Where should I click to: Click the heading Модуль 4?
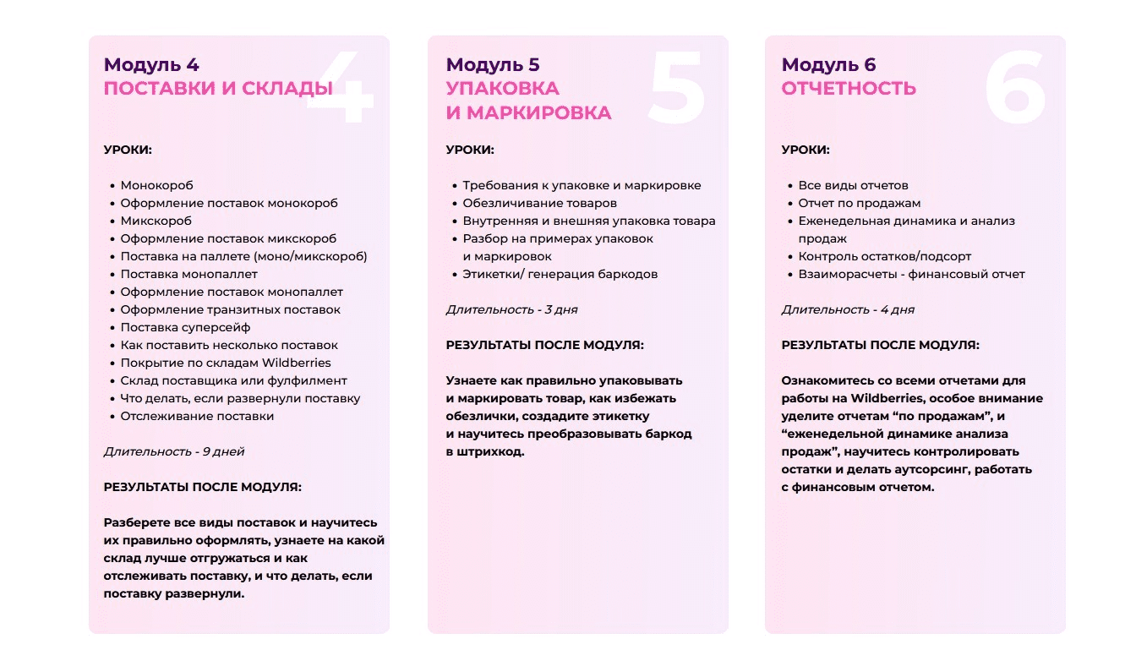pyautogui.click(x=151, y=65)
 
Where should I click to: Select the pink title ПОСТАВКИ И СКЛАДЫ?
pyautogui.click(x=217, y=89)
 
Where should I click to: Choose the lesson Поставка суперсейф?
pyautogui.click(x=185, y=327)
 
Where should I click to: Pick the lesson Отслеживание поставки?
pyautogui.click(x=197, y=416)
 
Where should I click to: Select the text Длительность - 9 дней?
pyautogui.click(x=173, y=451)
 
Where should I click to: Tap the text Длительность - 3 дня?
pyautogui.click(x=511, y=309)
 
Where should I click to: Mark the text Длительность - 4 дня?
pyautogui.click(x=848, y=309)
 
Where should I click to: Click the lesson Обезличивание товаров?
pyautogui.click(x=539, y=203)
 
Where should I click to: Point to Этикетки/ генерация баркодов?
pyautogui.click(x=560, y=274)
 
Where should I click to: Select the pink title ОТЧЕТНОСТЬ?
pyautogui.click(x=849, y=89)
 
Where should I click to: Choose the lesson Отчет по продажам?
pyautogui.click(x=859, y=203)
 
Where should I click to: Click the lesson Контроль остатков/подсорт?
pyautogui.click(x=884, y=256)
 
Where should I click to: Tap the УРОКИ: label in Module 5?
pyautogui.click(x=470, y=150)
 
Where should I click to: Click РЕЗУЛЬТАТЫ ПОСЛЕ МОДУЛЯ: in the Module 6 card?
pyautogui.click(x=880, y=345)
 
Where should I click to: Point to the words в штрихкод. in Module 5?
pyautogui.click(x=485, y=451)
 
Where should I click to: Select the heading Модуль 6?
pyautogui.click(x=828, y=65)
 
